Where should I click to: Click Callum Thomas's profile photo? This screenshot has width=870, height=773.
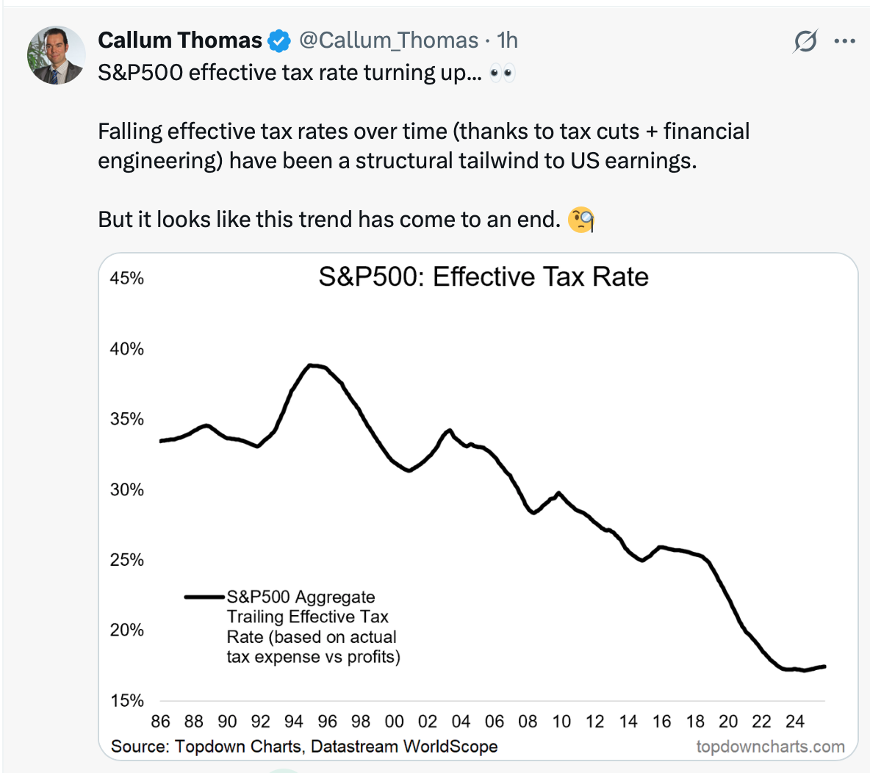point(56,55)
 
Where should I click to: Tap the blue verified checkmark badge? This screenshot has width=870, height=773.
point(279,41)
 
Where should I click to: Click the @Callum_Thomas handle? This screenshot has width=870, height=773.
point(389,40)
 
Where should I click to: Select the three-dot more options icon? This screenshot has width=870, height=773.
point(845,41)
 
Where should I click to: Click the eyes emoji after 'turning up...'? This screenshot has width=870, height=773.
point(502,73)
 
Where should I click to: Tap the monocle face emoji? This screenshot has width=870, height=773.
point(581,220)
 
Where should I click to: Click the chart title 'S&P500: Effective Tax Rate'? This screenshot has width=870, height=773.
point(483,277)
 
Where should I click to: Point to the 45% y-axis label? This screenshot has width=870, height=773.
point(127,278)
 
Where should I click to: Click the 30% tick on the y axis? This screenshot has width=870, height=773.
point(127,490)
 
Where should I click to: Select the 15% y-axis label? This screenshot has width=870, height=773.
point(127,701)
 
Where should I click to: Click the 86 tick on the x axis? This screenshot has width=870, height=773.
point(160,722)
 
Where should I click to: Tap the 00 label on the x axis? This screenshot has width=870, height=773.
point(394,722)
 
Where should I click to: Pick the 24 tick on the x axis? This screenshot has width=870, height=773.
point(795,722)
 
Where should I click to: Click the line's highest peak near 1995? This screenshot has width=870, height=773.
point(312,364)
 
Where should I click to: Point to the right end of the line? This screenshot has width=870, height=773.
point(824,666)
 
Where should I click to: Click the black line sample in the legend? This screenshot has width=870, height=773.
point(204,597)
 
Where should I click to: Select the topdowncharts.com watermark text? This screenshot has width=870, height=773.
point(770,747)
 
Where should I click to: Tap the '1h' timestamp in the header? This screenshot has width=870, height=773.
point(508,40)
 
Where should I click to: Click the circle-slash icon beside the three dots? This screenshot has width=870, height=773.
point(805,41)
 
